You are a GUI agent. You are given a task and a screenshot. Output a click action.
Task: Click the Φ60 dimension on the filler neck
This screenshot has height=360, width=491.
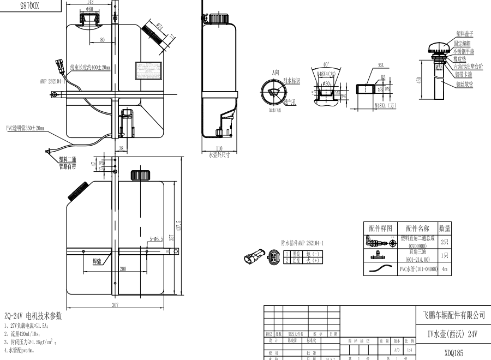[89, 9]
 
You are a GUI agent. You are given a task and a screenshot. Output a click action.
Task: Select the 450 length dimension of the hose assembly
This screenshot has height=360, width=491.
[418, 80]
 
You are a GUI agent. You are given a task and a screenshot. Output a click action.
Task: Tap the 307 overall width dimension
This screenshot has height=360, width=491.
[115, 305]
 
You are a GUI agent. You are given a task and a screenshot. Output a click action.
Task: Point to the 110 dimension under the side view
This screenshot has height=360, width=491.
[219, 148]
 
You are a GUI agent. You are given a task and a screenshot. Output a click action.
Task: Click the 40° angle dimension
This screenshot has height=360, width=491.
[326, 64]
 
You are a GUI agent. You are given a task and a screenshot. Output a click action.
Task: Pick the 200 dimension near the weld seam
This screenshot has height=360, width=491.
[123, 269]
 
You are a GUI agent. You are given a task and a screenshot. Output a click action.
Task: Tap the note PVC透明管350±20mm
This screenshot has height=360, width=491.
[26, 129]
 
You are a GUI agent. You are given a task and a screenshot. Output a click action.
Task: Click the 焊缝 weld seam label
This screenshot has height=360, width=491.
[97, 262]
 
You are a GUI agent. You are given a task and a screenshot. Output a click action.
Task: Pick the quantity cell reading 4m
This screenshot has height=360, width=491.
[445, 269]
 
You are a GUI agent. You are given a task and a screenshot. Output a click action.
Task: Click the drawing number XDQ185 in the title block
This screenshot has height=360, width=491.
[453, 353]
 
